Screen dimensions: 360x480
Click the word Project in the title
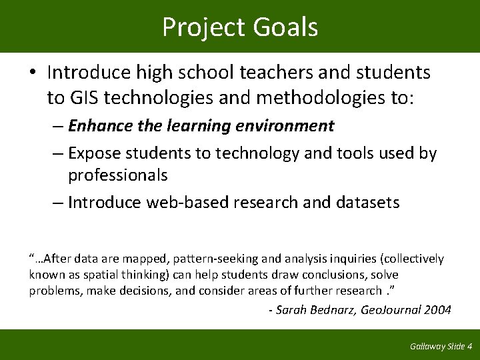(201, 27)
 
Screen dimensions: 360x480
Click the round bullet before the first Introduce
(34, 72)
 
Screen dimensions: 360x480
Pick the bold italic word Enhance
(99, 125)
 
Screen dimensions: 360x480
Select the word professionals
(117, 175)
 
